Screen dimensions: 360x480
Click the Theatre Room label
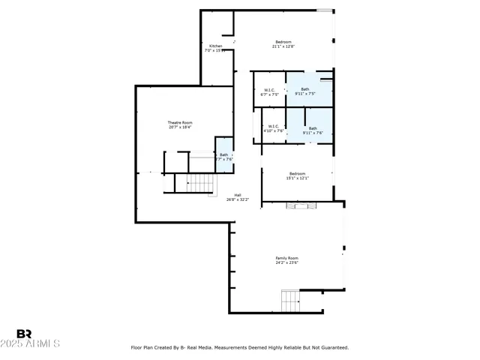click(180, 122)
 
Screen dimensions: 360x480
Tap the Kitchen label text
click(215, 46)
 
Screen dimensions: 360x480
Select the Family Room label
click(286, 258)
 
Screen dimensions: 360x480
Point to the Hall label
click(238, 195)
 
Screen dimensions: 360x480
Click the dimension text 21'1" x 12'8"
click(283, 46)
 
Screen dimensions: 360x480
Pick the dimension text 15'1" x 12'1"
click(298, 178)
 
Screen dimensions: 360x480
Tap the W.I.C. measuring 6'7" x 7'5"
click(269, 92)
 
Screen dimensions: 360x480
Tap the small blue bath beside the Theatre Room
click(223, 155)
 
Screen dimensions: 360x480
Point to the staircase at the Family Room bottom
click(290, 301)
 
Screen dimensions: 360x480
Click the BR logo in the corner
click(24, 334)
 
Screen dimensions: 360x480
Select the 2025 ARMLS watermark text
click(31, 343)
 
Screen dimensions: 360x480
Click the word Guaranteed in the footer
click(334, 347)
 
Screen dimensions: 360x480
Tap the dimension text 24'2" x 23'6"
click(286, 262)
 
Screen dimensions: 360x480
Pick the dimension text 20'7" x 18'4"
click(180, 127)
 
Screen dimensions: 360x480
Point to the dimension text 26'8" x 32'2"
click(238, 199)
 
